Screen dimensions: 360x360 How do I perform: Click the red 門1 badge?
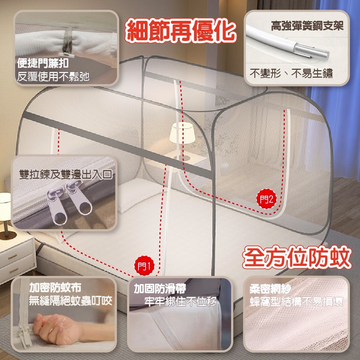click(144, 266)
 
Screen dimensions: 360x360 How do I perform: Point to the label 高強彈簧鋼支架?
click(307, 26)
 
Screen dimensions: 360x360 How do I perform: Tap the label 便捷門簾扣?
click(43, 63)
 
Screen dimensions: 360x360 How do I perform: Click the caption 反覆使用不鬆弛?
click(53, 77)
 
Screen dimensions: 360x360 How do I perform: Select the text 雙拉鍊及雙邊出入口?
click(66, 174)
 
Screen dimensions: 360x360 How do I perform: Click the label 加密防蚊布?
click(55, 287)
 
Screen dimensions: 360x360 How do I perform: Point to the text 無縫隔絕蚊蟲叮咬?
click(71, 301)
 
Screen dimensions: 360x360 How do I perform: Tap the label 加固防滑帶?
click(160, 288)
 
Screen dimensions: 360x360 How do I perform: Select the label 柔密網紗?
click(270, 289)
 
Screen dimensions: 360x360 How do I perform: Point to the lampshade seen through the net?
click(182, 132)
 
